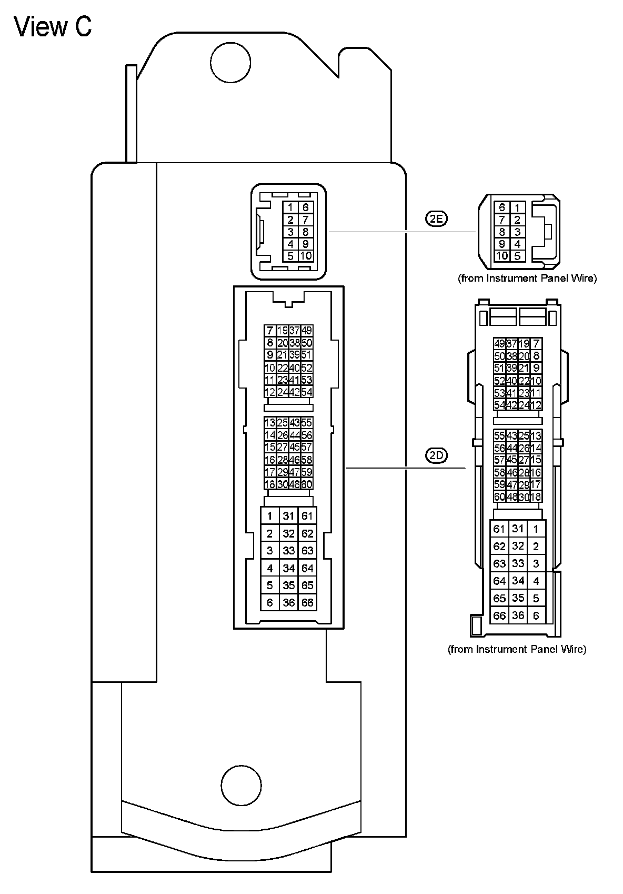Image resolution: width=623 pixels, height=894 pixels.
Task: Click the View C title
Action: [53, 26]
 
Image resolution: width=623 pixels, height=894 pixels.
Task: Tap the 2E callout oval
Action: [436, 218]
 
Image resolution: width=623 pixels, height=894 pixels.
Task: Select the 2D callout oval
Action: [436, 455]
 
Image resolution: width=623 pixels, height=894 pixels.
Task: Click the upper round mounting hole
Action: [230, 62]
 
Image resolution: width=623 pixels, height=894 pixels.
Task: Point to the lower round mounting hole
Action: [242, 784]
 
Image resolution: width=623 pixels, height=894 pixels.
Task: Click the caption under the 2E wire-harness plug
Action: [527, 278]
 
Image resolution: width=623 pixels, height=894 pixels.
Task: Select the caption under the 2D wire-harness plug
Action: [517, 649]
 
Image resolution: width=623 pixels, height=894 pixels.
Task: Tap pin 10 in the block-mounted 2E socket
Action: [306, 256]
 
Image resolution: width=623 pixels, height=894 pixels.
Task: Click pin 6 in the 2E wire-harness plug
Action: [502, 207]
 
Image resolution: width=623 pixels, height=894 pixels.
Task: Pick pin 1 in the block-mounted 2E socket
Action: [290, 207]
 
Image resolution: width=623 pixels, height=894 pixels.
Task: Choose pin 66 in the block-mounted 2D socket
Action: [307, 602]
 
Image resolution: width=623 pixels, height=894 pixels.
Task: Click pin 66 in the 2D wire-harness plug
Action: [499, 615]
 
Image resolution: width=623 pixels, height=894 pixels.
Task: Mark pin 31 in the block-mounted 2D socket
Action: [288, 516]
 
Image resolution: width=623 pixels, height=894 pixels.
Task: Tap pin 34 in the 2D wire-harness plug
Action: [518, 581]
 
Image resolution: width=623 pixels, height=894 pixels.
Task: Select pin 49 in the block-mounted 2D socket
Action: [307, 331]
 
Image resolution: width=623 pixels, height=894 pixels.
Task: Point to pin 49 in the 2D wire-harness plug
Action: [499, 344]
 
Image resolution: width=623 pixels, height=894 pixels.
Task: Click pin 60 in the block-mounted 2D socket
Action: [307, 484]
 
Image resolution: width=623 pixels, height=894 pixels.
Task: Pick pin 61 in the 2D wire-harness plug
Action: [499, 529]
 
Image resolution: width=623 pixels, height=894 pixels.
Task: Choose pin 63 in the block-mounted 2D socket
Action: [307, 551]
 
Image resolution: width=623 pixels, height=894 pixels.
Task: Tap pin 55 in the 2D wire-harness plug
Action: [499, 436]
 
